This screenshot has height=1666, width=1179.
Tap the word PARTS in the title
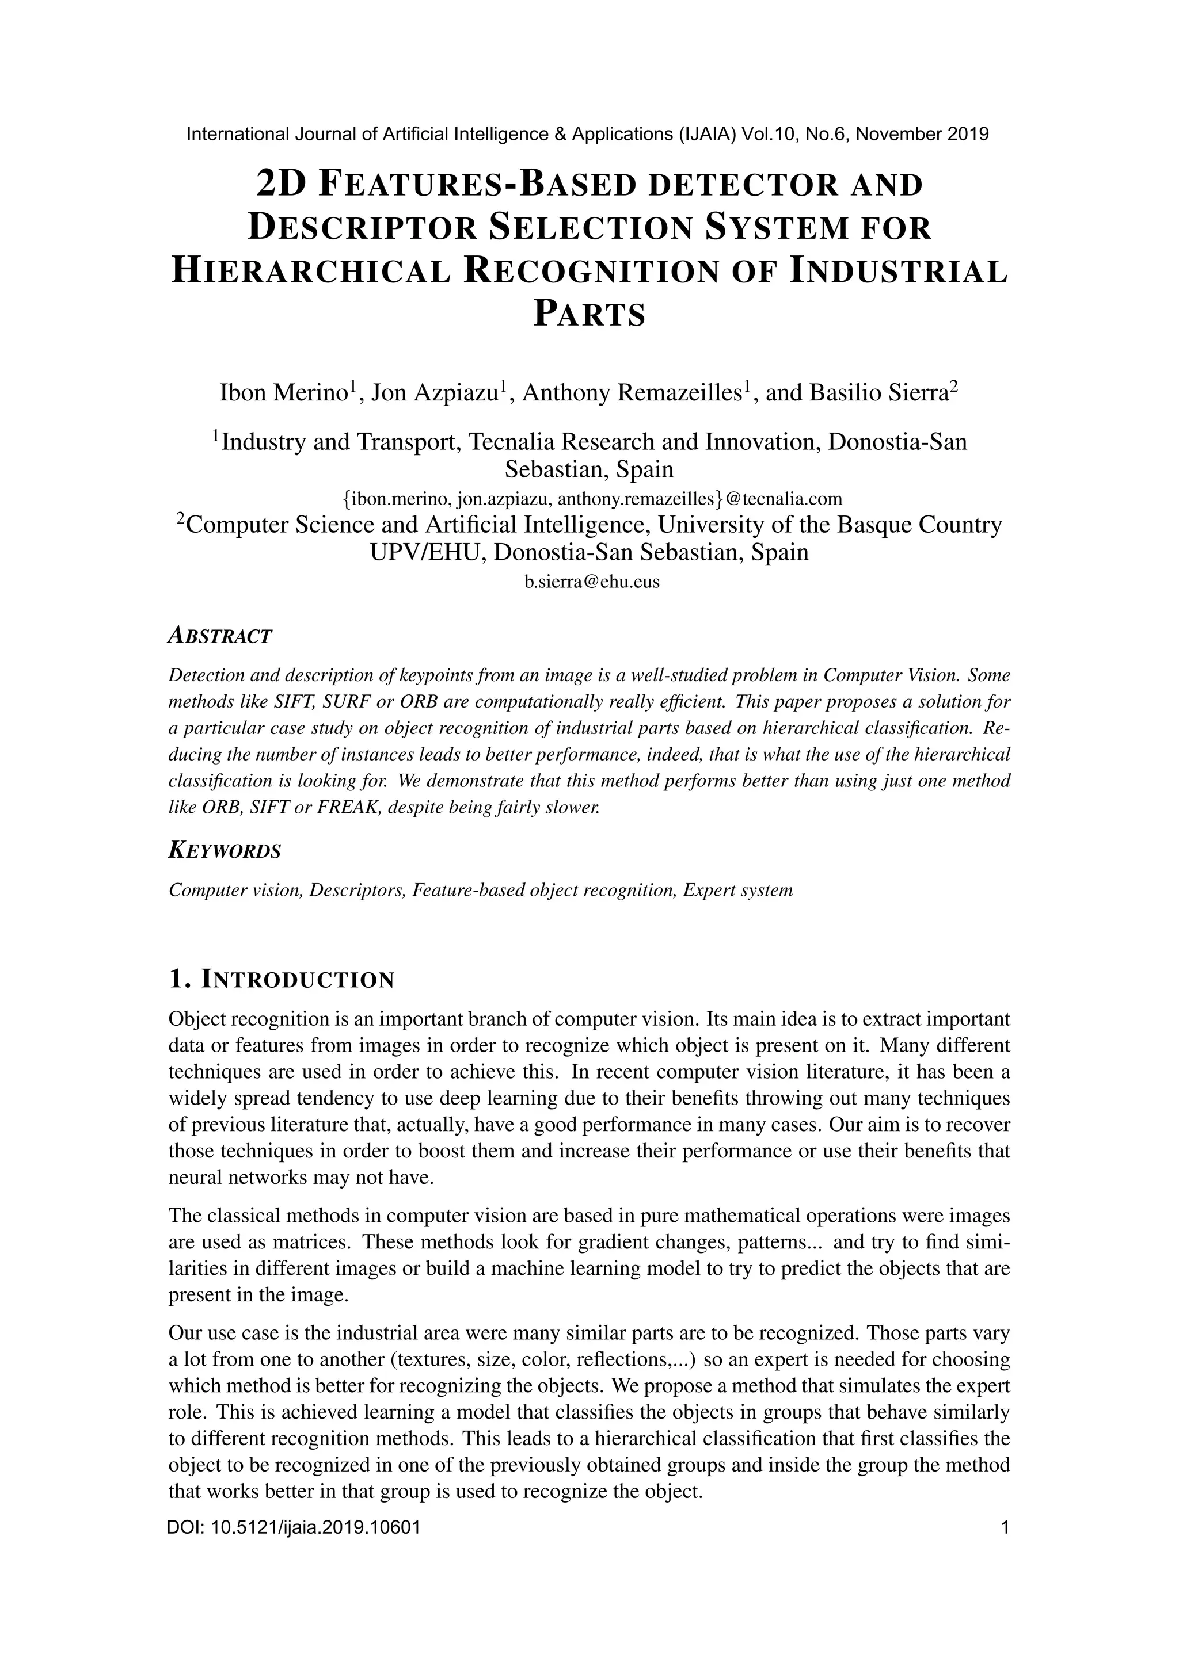pos(589,315)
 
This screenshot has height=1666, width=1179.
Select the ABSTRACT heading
pos(220,636)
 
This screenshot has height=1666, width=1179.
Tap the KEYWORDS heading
pos(225,850)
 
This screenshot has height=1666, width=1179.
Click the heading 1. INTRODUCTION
pos(281,980)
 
